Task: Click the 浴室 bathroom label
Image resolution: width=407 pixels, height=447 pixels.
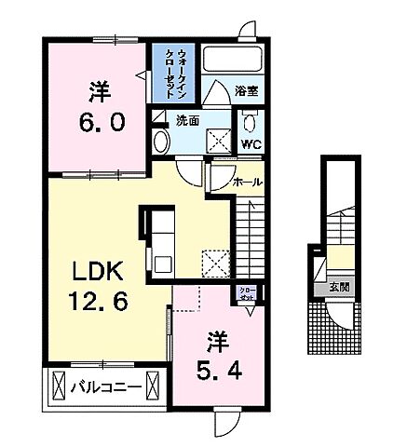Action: click(x=246, y=92)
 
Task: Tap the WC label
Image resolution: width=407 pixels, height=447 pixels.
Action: click(x=251, y=144)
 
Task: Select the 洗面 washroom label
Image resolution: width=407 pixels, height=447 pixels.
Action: click(x=188, y=120)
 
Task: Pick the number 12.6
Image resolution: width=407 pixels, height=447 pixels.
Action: click(x=93, y=302)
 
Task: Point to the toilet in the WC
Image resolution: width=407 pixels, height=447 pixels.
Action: click(x=250, y=123)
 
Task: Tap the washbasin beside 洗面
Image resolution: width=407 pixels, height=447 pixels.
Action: click(x=159, y=141)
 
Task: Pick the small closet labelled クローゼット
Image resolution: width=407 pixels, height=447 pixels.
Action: click(x=247, y=296)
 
